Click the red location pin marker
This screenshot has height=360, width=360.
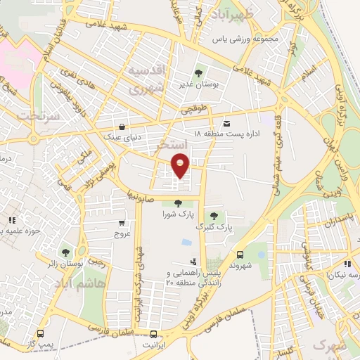point(180,165)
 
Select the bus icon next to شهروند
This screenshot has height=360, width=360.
point(240,255)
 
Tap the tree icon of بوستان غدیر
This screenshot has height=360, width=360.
point(199,72)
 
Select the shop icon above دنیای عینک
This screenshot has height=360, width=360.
point(124,127)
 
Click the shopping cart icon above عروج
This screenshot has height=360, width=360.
point(122,224)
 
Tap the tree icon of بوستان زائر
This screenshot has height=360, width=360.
point(65,252)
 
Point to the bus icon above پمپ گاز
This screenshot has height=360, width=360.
point(41,335)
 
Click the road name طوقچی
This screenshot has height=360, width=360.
point(195,110)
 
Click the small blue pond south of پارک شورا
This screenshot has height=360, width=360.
point(185,243)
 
